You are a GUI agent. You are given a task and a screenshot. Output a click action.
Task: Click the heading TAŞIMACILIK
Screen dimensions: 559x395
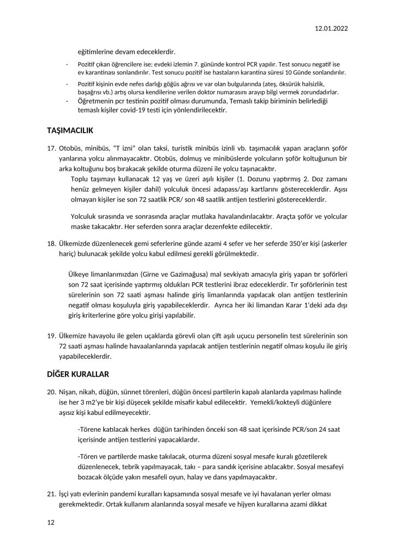(71, 130)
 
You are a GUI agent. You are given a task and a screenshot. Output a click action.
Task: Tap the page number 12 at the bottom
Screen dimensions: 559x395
(51, 522)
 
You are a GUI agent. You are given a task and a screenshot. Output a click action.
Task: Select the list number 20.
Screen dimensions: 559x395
(51, 392)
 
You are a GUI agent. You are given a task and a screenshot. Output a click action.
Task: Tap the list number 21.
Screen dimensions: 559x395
(51, 495)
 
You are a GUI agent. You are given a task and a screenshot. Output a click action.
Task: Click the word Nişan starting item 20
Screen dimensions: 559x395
(69, 392)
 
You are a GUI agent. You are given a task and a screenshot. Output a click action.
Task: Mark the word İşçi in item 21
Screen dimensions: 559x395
(65, 495)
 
